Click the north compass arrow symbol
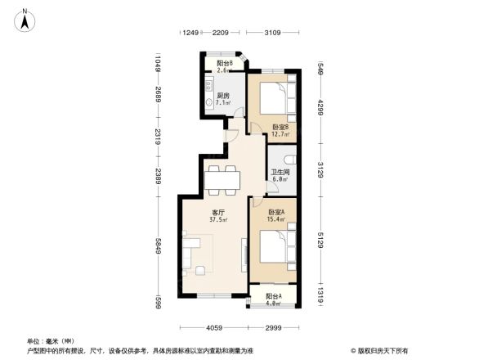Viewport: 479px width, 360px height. click(25, 18)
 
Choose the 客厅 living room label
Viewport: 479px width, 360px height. click(217, 215)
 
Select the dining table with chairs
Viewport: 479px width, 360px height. click(221, 179)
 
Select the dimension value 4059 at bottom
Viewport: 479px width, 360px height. click(214, 328)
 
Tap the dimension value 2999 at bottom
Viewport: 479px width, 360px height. click(273, 328)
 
